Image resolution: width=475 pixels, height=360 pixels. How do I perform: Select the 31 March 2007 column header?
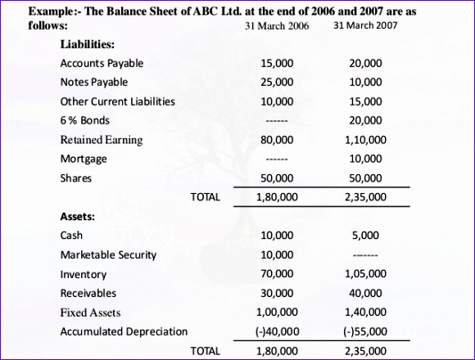click(365, 26)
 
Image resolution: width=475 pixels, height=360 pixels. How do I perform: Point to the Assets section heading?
click(78, 216)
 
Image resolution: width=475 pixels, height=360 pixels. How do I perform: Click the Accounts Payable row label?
click(102, 63)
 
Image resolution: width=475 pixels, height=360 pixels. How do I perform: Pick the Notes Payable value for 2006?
click(277, 83)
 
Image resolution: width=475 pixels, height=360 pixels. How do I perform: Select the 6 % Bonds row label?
click(85, 121)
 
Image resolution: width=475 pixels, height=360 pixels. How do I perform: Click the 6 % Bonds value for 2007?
click(365, 121)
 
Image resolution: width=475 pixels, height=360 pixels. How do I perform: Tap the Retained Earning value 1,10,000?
click(365, 140)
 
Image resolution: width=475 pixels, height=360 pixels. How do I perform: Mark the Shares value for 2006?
click(277, 178)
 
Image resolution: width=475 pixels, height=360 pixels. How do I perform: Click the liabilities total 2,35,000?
click(365, 197)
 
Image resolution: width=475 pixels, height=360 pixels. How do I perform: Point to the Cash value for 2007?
click(365, 236)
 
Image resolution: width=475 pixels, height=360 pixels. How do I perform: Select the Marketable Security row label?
click(108, 254)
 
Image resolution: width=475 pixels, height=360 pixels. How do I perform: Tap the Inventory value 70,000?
click(277, 274)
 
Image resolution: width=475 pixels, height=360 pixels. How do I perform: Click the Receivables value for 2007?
click(365, 293)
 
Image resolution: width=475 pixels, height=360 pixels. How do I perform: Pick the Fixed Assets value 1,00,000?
click(277, 313)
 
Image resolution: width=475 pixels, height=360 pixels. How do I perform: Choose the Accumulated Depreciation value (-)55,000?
click(365, 331)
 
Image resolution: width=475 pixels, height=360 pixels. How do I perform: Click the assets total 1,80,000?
click(277, 350)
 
